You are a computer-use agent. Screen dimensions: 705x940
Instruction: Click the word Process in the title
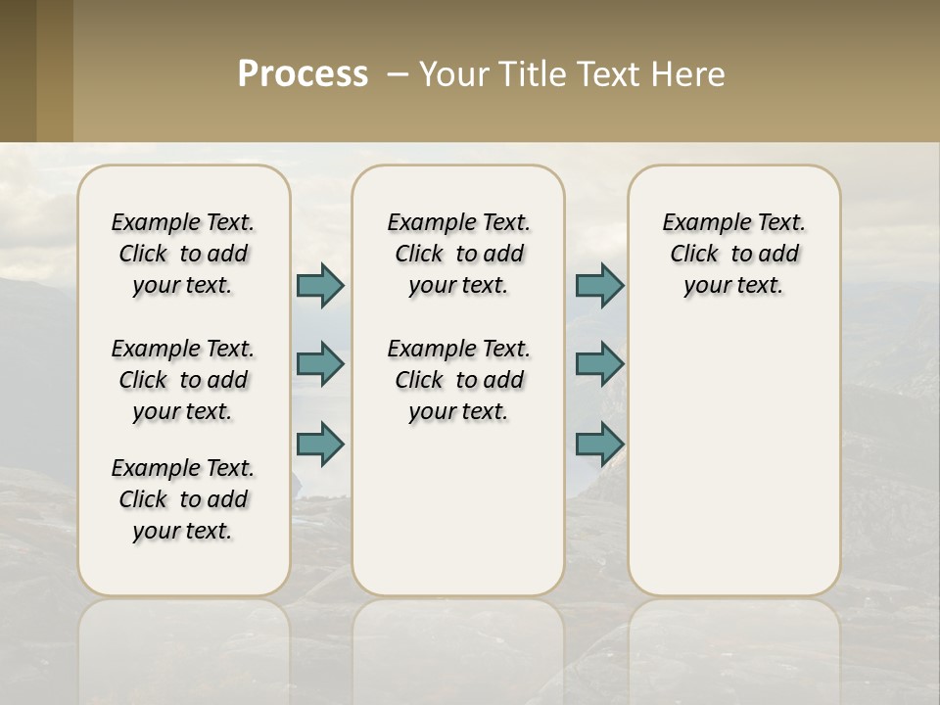(x=303, y=74)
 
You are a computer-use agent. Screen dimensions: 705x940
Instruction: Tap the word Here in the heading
(x=689, y=74)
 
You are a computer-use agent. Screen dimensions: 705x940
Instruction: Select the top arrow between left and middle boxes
(x=320, y=285)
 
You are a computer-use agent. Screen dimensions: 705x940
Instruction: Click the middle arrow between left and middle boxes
(x=320, y=365)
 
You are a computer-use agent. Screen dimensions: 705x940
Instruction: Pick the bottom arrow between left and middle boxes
(x=320, y=445)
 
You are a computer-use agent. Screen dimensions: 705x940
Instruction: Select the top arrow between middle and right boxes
(x=599, y=285)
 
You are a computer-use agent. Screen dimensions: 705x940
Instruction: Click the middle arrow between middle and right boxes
(x=599, y=365)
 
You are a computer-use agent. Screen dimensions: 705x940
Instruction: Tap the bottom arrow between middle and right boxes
(x=599, y=445)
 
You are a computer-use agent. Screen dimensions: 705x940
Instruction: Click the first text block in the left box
(x=183, y=254)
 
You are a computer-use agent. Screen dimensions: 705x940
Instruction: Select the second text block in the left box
(x=183, y=380)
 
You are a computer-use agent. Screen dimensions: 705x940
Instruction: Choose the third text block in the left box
(x=183, y=499)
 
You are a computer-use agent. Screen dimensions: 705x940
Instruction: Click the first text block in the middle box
(x=458, y=254)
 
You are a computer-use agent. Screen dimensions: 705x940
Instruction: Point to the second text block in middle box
(x=458, y=380)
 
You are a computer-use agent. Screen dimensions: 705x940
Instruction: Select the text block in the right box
(x=733, y=254)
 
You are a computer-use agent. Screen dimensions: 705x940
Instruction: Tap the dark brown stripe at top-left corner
(x=18, y=70)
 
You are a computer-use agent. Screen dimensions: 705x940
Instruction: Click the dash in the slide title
(x=398, y=74)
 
